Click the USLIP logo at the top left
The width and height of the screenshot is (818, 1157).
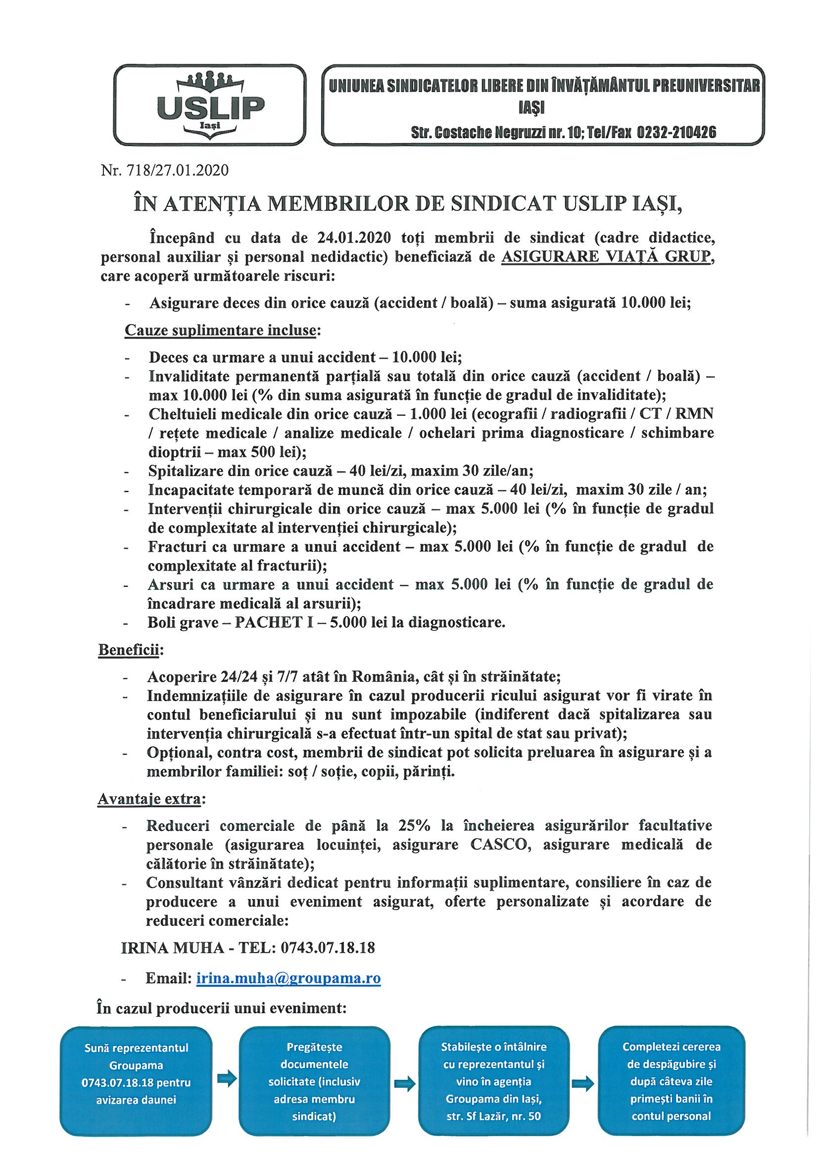click(210, 104)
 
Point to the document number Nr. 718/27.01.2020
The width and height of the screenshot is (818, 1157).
click(164, 171)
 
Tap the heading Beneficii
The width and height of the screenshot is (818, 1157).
click(129, 650)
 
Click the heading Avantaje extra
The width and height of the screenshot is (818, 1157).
click(149, 799)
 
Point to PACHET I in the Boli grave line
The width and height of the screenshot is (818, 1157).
click(267, 623)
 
